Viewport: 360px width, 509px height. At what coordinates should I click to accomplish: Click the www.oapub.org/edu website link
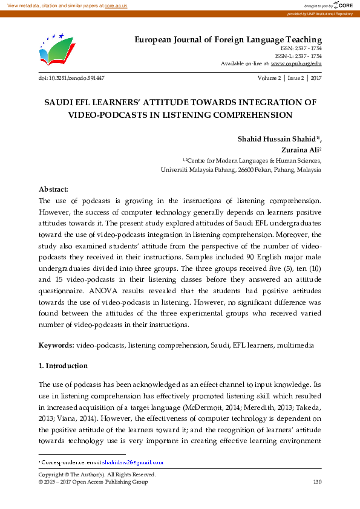296,63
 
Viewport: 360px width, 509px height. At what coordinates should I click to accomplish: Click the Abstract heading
53,189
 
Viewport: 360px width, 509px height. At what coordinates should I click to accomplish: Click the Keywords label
56,345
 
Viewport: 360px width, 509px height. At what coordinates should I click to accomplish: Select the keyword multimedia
295,345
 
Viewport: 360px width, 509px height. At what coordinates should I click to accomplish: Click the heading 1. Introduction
63,366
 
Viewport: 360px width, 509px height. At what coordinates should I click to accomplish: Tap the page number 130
316,482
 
